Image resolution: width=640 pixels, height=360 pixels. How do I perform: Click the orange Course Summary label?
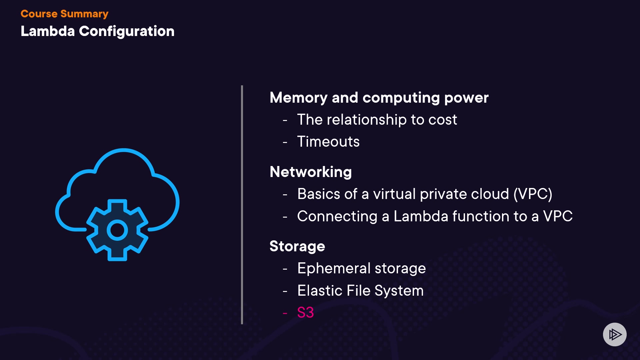click(64, 14)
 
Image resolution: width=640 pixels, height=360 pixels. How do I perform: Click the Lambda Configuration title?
click(97, 31)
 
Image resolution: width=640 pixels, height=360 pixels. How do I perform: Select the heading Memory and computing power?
click(379, 98)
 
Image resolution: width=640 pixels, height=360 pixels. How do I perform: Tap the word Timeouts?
click(328, 142)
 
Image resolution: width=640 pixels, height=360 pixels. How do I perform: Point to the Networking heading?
click(311, 172)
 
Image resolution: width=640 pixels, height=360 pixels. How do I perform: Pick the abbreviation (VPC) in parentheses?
click(533, 194)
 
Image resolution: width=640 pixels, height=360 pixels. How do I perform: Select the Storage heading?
click(297, 246)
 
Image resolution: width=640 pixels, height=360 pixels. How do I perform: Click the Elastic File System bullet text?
click(360, 291)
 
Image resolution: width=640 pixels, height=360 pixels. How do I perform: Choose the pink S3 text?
click(305, 313)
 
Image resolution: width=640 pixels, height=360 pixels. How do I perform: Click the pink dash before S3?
click(285, 313)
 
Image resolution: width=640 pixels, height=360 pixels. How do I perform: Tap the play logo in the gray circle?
click(615, 334)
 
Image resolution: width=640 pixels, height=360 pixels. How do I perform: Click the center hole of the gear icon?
click(117, 230)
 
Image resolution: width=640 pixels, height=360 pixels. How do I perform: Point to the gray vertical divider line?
click(242, 205)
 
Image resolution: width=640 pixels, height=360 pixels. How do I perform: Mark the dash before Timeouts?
click(285, 142)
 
